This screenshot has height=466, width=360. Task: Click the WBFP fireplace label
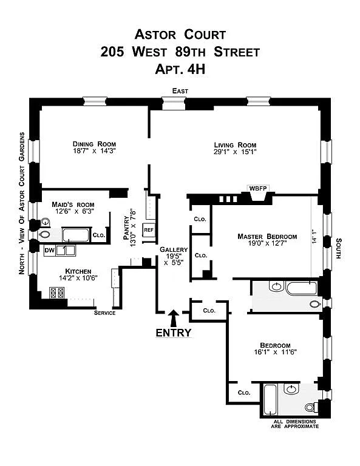click(258, 189)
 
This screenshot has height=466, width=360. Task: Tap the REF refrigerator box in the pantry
click(149, 230)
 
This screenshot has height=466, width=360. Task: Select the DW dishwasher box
click(49, 250)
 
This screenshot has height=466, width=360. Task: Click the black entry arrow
click(174, 319)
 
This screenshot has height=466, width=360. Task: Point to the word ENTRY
click(174, 333)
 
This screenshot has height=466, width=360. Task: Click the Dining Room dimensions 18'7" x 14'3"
click(94, 150)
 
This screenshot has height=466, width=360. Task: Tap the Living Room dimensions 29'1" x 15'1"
click(235, 152)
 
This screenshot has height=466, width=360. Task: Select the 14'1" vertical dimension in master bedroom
click(314, 237)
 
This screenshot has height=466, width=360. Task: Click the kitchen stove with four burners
click(57, 292)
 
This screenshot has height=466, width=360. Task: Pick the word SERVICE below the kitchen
click(104, 312)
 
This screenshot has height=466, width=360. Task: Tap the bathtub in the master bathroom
click(301, 288)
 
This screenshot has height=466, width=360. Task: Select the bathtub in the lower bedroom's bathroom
click(270, 399)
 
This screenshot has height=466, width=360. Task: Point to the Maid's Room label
click(73, 204)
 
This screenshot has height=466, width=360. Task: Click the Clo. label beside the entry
click(209, 311)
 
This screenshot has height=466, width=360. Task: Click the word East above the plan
click(180, 91)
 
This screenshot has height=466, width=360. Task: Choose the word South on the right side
click(339, 248)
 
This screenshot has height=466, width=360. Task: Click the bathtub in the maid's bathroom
click(75, 235)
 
